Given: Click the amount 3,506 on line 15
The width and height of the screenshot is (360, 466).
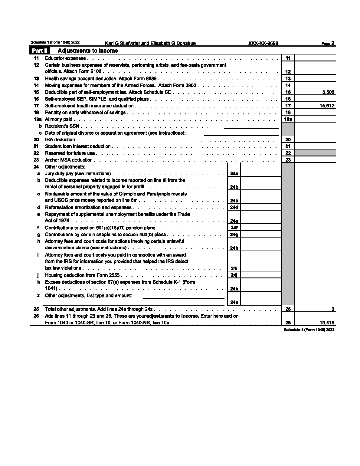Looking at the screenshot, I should coord(328,92).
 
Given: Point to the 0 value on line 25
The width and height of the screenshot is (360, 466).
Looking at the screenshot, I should coord(333,309).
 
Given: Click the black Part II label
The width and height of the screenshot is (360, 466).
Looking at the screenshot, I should coord(40,51).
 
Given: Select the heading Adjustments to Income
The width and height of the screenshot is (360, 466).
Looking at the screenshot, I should coord(87,51).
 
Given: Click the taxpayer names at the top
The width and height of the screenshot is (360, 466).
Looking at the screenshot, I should coord(150,43).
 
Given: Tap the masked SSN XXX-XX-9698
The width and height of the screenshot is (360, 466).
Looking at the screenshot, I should coord(263,43).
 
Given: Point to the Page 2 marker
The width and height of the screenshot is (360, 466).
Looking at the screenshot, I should coord(328,43).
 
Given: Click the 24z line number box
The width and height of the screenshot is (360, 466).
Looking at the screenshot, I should coord(234,302).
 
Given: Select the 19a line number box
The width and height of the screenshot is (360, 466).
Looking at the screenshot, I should coord(288,120).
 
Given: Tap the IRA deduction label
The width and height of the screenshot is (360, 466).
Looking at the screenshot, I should coord(60,140).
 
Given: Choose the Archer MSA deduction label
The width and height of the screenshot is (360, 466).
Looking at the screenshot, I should coord(69,160).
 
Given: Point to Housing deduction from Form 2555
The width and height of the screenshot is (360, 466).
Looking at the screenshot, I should coord(82,275).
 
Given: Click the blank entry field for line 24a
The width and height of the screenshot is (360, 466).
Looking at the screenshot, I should coord(261,173).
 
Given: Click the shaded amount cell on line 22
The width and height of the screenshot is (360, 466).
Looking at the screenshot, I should coord(315,153).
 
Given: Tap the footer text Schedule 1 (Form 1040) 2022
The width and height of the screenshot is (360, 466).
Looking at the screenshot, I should coord(309,330).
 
